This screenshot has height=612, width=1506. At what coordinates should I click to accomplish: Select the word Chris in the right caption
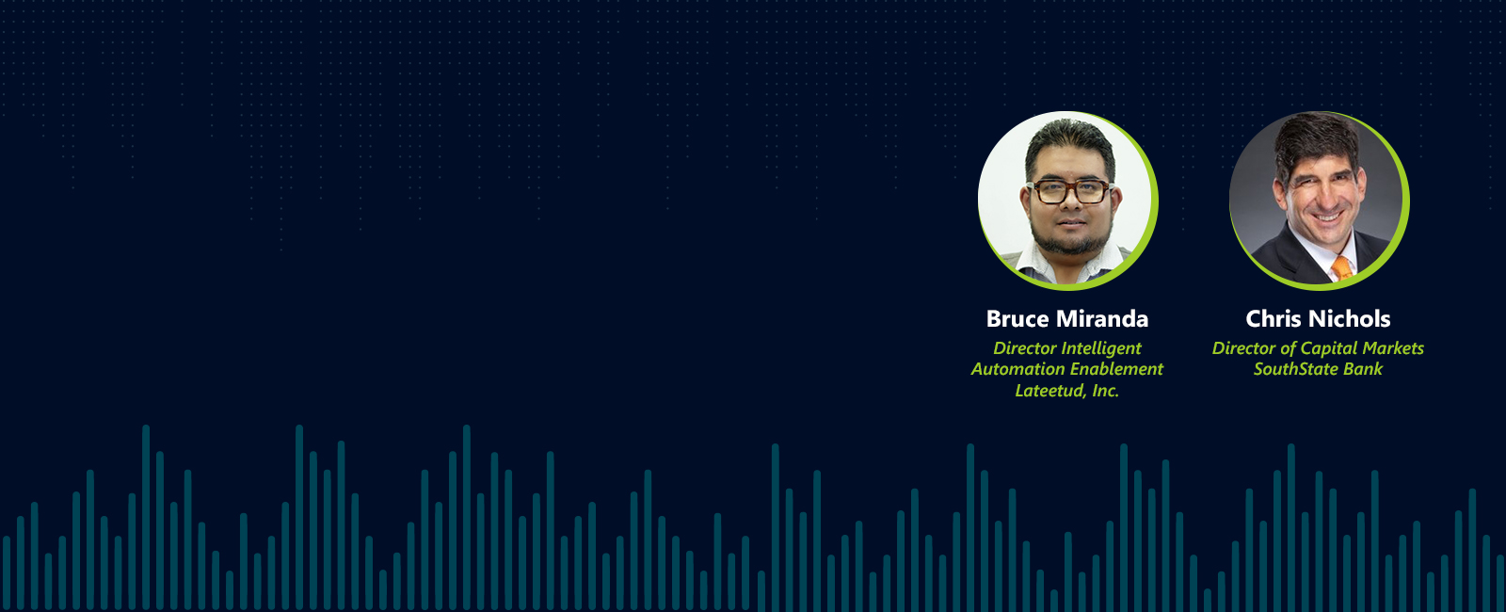click(1274, 319)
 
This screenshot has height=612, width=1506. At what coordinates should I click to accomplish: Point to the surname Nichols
click(1350, 319)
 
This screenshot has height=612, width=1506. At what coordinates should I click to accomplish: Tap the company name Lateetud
click(1046, 391)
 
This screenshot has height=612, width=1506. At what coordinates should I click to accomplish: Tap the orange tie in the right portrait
click(1340, 269)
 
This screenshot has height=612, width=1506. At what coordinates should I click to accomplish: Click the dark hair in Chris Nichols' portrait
click(1314, 141)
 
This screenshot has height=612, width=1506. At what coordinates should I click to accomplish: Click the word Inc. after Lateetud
click(1101, 391)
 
